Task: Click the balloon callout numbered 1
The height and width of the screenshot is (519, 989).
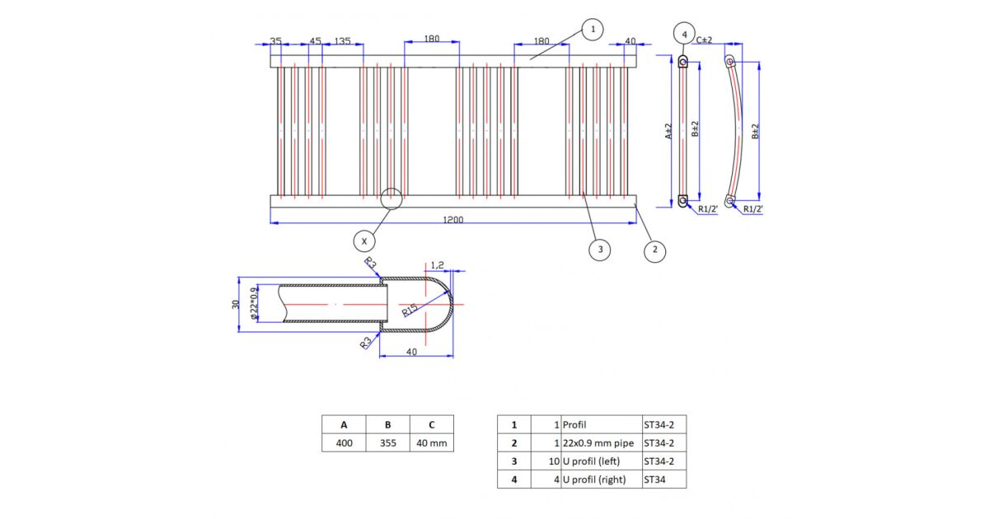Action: (593, 30)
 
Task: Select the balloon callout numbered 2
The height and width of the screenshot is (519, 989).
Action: (654, 250)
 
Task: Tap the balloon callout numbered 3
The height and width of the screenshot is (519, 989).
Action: (600, 250)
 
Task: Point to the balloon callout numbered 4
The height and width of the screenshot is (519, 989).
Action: (684, 34)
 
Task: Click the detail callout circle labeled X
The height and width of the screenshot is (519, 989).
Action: (364, 241)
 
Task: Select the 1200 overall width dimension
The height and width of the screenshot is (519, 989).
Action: (453, 219)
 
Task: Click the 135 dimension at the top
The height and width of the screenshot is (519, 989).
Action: (342, 41)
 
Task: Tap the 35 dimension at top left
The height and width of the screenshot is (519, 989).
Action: (275, 41)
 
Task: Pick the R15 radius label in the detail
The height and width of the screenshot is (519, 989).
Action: (410, 310)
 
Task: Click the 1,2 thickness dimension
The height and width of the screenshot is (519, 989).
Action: (437, 265)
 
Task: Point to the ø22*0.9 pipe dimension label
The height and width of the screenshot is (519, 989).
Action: (254, 303)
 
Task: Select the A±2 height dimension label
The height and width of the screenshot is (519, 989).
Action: (668, 132)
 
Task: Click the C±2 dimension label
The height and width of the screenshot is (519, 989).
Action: (704, 40)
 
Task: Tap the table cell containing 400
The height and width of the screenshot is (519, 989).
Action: (344, 442)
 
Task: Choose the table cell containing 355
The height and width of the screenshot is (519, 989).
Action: (387, 442)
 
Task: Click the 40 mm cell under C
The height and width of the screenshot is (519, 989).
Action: (432, 442)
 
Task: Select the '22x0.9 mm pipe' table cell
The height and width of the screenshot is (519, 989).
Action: (602, 442)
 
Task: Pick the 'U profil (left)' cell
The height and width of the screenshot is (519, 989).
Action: (602, 461)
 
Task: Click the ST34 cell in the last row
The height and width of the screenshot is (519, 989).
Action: (664, 479)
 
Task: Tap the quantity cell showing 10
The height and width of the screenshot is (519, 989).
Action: (546, 461)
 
